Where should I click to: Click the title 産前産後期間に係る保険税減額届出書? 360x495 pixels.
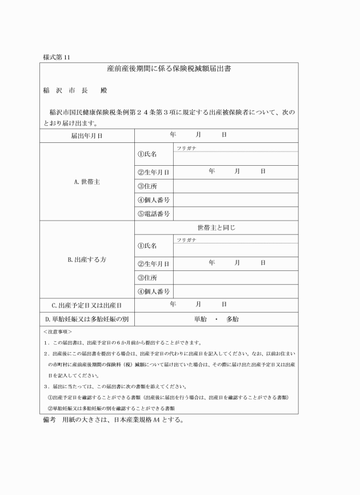click(169, 69)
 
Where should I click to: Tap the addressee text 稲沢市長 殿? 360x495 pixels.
click(75, 91)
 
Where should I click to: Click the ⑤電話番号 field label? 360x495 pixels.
click(154, 214)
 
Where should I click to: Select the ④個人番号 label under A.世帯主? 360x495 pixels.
click(154, 200)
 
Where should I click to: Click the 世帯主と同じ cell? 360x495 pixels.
click(216, 227)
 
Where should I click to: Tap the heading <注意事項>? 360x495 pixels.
click(57, 332)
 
